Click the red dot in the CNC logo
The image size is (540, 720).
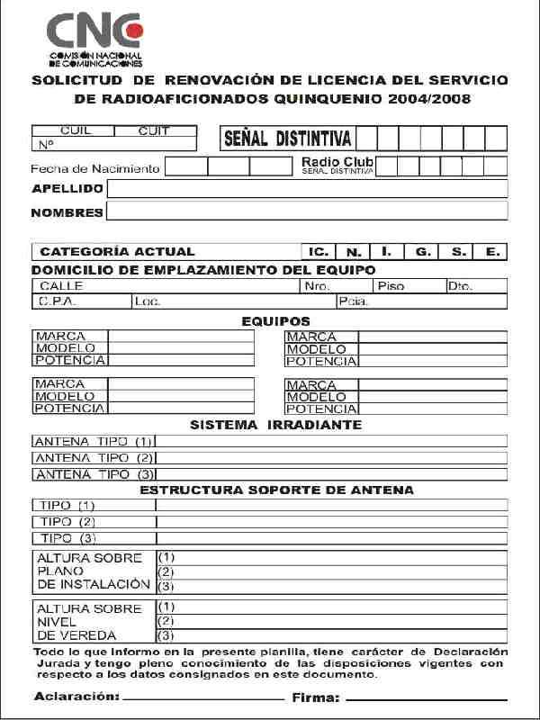coord(134,31)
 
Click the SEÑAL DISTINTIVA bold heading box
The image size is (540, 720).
coord(287,139)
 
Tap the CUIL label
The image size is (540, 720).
coord(76,130)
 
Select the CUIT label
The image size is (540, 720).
coord(154,130)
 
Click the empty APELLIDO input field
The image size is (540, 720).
coord(307,188)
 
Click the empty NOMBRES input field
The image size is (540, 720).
coord(307,211)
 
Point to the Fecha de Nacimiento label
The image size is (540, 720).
coord(94,168)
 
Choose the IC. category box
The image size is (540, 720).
coord(317,252)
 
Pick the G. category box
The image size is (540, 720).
coord(421,252)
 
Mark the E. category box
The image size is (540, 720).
coord(492,252)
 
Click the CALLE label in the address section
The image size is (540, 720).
coord(61,286)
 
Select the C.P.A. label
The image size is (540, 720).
coord(57,301)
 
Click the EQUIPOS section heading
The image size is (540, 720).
coord(276,320)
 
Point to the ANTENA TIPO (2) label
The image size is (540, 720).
coord(94,457)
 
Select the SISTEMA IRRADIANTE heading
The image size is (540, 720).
coord(276,424)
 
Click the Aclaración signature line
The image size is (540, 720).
coord(202,697)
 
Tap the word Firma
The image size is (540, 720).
coord(315,697)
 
